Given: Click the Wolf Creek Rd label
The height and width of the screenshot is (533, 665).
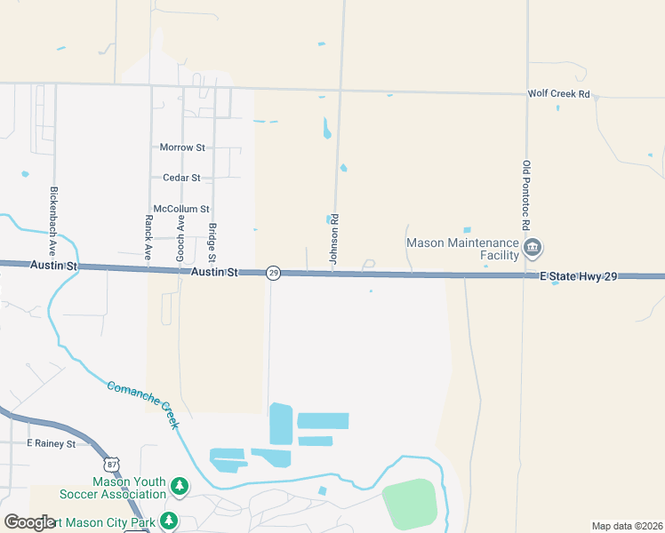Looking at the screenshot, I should tap(558, 93).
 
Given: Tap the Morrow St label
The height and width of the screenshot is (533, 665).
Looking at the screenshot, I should tap(182, 147).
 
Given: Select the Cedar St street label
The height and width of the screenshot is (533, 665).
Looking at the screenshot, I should tap(181, 178).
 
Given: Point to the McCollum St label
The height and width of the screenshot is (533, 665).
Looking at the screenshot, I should tap(181, 209).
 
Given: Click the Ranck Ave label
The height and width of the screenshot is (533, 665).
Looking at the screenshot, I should tap(148, 237).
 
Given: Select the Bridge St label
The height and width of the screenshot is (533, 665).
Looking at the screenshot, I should tap(212, 242).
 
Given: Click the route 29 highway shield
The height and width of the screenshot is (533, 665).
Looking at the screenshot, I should tap(274, 273).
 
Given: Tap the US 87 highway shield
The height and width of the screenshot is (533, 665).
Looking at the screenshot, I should tap(111, 464).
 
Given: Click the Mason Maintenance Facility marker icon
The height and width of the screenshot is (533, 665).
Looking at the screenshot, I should tap(533, 247).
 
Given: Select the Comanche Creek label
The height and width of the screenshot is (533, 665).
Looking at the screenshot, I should tap(143, 405).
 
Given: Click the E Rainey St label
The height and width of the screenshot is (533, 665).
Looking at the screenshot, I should tap(52, 443).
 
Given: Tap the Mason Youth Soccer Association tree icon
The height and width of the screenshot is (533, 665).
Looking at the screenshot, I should tap(180, 485).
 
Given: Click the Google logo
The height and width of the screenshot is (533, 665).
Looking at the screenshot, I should tap(29, 522).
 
